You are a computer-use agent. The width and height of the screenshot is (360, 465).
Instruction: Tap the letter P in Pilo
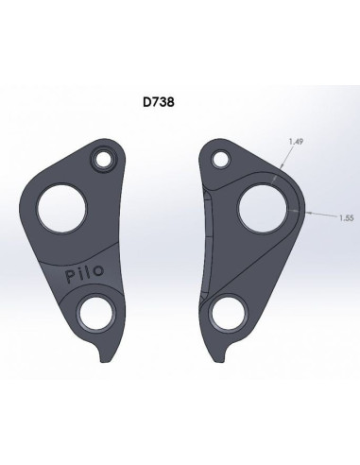click(71, 277)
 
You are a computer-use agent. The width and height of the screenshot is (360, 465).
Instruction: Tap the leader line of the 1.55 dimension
click(321, 215)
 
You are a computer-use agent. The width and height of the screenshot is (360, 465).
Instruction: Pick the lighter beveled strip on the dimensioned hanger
click(211, 236)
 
